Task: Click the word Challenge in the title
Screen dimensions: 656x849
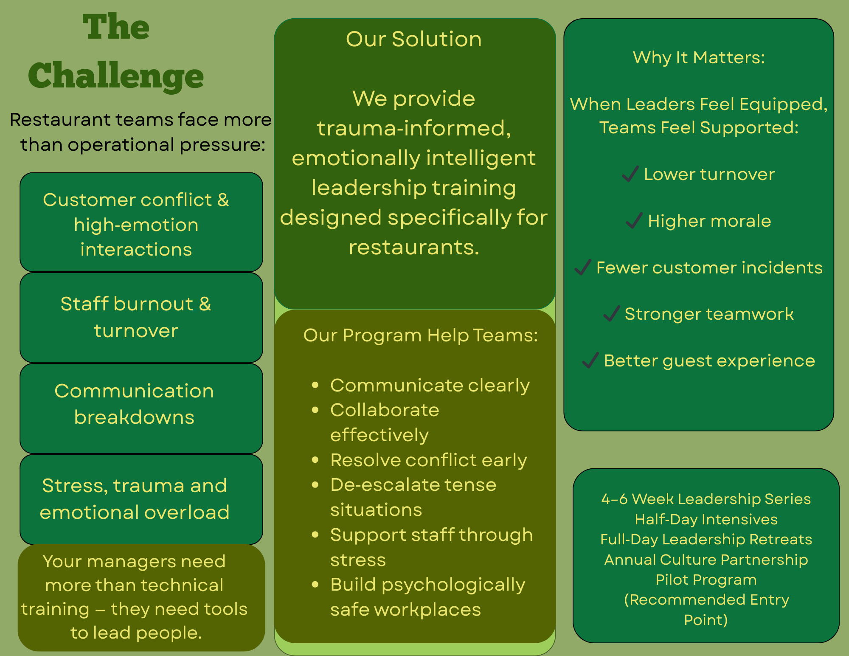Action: (x=115, y=76)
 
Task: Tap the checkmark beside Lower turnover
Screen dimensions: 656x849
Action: (x=630, y=174)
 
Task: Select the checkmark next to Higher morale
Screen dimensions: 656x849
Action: (x=634, y=220)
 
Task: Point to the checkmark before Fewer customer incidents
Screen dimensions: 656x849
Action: (x=583, y=267)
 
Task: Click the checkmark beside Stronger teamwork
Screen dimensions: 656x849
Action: (x=611, y=314)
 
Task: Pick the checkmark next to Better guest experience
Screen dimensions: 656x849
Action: (x=590, y=360)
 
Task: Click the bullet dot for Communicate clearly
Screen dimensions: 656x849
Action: (x=315, y=386)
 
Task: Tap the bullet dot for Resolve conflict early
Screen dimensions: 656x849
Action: (x=315, y=460)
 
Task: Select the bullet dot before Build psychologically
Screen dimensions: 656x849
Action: (x=315, y=585)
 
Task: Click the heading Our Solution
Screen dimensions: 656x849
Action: (x=414, y=39)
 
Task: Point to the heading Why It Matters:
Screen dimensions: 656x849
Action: (x=699, y=57)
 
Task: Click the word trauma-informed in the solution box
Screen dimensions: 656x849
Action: (x=414, y=128)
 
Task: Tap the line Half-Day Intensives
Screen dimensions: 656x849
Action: (x=706, y=519)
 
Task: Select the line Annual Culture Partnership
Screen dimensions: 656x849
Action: (x=706, y=560)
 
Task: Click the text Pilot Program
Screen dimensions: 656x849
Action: (x=706, y=580)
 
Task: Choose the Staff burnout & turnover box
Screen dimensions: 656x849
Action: (x=141, y=318)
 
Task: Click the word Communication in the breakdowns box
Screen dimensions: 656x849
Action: (x=134, y=391)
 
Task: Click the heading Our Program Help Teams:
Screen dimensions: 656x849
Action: (x=420, y=335)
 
